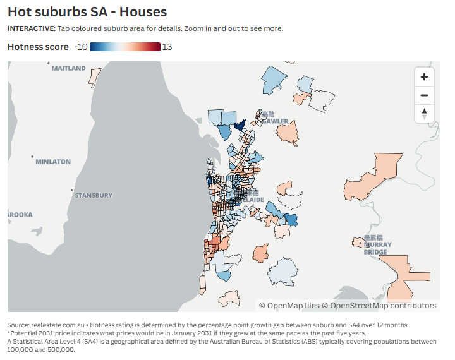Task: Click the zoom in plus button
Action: [424, 77]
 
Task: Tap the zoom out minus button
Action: [424, 95]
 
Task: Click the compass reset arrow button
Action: [424, 114]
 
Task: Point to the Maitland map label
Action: [68, 68]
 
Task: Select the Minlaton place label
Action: [53, 162]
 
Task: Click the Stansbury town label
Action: [93, 195]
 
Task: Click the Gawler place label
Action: [276, 121]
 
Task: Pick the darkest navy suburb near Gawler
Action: [240, 124]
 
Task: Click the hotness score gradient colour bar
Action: [125, 47]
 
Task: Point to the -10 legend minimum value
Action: [80, 47]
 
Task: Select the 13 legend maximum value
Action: [167, 47]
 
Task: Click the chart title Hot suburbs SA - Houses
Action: [87, 12]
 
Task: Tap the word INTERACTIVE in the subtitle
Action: [30, 28]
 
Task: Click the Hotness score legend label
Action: [38, 47]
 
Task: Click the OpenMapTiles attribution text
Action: [289, 306]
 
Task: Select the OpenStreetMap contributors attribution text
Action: [379, 306]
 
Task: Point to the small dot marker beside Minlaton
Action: [32, 155]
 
